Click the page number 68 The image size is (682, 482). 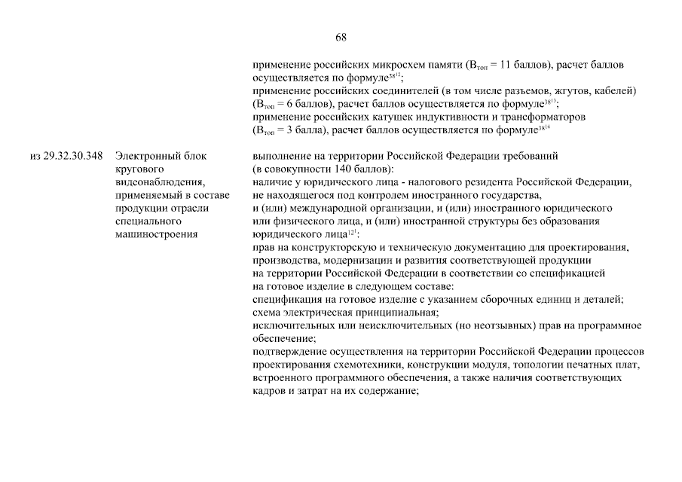point(341,37)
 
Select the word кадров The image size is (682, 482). point(270,391)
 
